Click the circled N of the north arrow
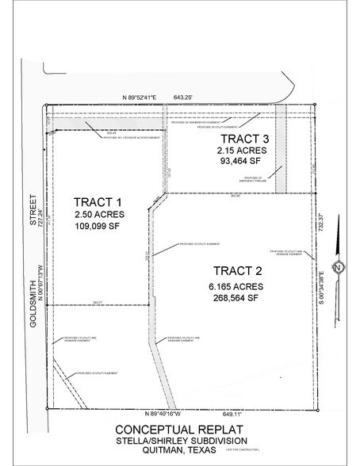[337, 266]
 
